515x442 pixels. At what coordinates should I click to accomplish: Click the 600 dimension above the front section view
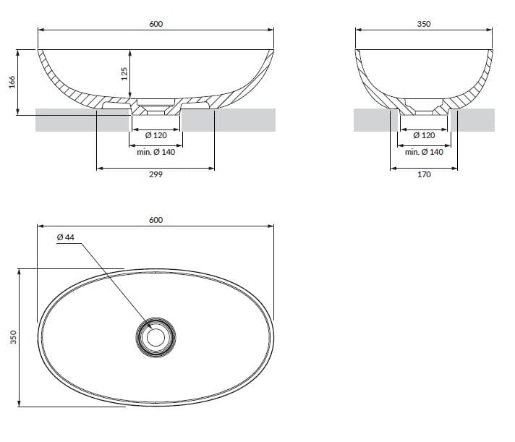[156, 24]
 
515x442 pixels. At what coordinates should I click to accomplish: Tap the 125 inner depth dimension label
[124, 73]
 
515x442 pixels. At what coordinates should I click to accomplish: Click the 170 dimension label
[424, 175]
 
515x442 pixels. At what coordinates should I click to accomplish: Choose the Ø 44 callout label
[65, 237]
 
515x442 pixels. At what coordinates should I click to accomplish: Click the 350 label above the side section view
[424, 24]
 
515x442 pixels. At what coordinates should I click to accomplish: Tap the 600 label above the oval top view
[156, 219]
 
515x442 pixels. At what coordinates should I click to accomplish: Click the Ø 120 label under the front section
[156, 135]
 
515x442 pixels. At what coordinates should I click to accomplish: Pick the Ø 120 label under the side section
[424, 135]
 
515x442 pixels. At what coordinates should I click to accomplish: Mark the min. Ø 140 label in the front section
[156, 152]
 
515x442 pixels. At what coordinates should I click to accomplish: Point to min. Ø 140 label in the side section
[424, 152]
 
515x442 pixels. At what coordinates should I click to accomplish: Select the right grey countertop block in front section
[231, 120]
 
